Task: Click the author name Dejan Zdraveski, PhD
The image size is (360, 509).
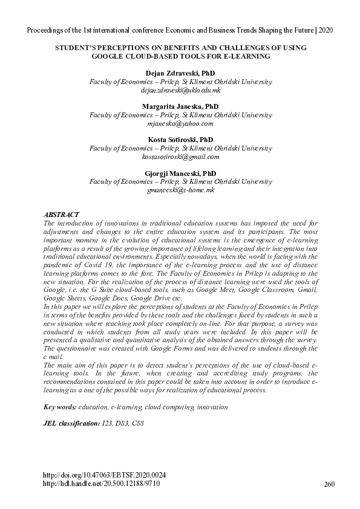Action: pyautogui.click(x=180, y=73)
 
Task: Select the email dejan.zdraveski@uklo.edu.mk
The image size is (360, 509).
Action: pyautogui.click(x=180, y=90)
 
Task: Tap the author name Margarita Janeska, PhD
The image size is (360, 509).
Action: pyautogui.click(x=180, y=106)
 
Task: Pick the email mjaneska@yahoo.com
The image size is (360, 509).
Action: pyautogui.click(x=180, y=123)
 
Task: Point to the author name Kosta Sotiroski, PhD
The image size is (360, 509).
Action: pyautogui.click(x=180, y=140)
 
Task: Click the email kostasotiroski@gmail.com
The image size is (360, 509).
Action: pyautogui.click(x=180, y=157)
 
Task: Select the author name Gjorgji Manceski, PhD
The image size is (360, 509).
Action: pyautogui.click(x=180, y=173)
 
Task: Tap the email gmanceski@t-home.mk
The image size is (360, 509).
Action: pyautogui.click(x=180, y=190)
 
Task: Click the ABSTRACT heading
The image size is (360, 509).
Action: pyautogui.click(x=61, y=215)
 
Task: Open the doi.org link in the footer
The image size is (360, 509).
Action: pyautogui.click(x=104, y=475)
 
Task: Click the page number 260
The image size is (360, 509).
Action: pyautogui.click(x=329, y=484)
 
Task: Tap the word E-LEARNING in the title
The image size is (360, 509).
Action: pyautogui.click(x=246, y=56)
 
